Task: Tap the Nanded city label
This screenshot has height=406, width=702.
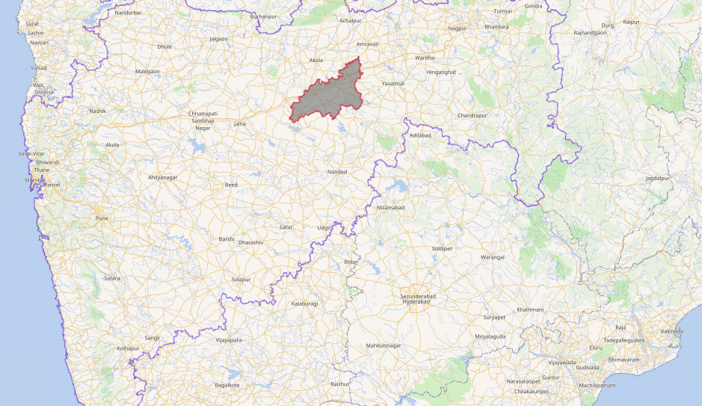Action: coord(337,172)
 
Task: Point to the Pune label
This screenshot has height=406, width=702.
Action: coord(102,218)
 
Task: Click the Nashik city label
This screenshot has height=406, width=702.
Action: coord(97,111)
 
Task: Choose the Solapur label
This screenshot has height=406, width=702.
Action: coord(241,279)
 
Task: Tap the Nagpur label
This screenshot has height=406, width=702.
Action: coord(457,28)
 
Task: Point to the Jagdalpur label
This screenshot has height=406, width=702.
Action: coord(659,179)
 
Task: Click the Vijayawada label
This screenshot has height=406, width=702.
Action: coord(560,362)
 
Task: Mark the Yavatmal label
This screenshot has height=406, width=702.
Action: coord(392,83)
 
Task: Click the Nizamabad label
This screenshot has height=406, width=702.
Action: coord(391,206)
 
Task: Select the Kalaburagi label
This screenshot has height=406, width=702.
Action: coord(304,304)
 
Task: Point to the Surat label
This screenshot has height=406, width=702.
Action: coord(32,24)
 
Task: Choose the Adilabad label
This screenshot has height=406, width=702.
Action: coord(421,135)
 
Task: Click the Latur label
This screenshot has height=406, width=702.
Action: coord(286,227)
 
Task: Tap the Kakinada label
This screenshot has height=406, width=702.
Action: coord(672,330)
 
